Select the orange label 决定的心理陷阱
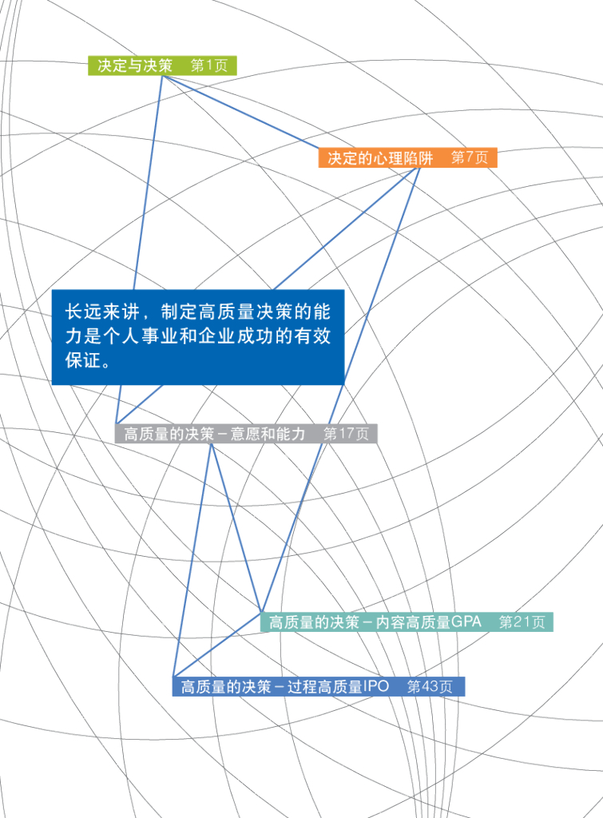tap(380, 157)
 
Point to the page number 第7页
tap(470, 157)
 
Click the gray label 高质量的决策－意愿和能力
tap(215, 435)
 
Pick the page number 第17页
tap(346, 435)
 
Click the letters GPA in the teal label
tap(466, 622)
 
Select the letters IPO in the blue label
tap(376, 686)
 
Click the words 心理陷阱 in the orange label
tap(403, 157)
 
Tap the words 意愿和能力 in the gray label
tap(268, 435)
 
